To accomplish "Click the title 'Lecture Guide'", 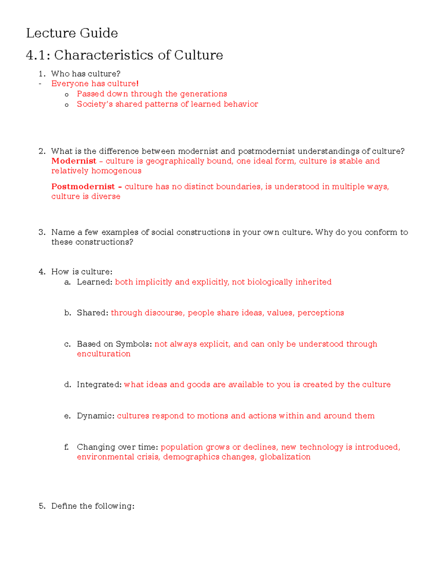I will click(72, 33).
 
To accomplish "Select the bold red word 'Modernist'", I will click(74, 161).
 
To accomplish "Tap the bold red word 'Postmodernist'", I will click(83, 187).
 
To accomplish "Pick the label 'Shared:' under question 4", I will click(92, 313).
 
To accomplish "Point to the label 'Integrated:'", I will click(99, 385).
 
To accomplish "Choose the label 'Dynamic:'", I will click(96, 416).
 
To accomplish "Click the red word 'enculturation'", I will click(104, 354).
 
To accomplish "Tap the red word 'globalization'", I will click(285, 457).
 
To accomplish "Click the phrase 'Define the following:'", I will click(93, 506).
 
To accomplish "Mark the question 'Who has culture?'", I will click(85, 74).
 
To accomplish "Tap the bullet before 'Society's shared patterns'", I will click(66, 105).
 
